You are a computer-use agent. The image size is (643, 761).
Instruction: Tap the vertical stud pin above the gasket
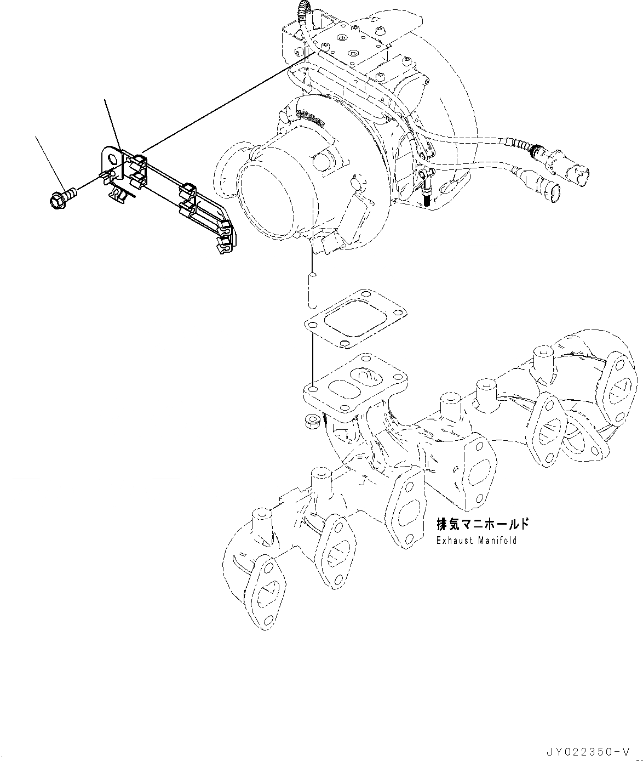[x=312, y=288]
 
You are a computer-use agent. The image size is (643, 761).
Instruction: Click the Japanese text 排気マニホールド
[x=483, y=525]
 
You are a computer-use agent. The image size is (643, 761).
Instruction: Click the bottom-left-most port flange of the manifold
[x=264, y=594]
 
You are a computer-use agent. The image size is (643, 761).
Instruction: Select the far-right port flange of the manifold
[x=616, y=389]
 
